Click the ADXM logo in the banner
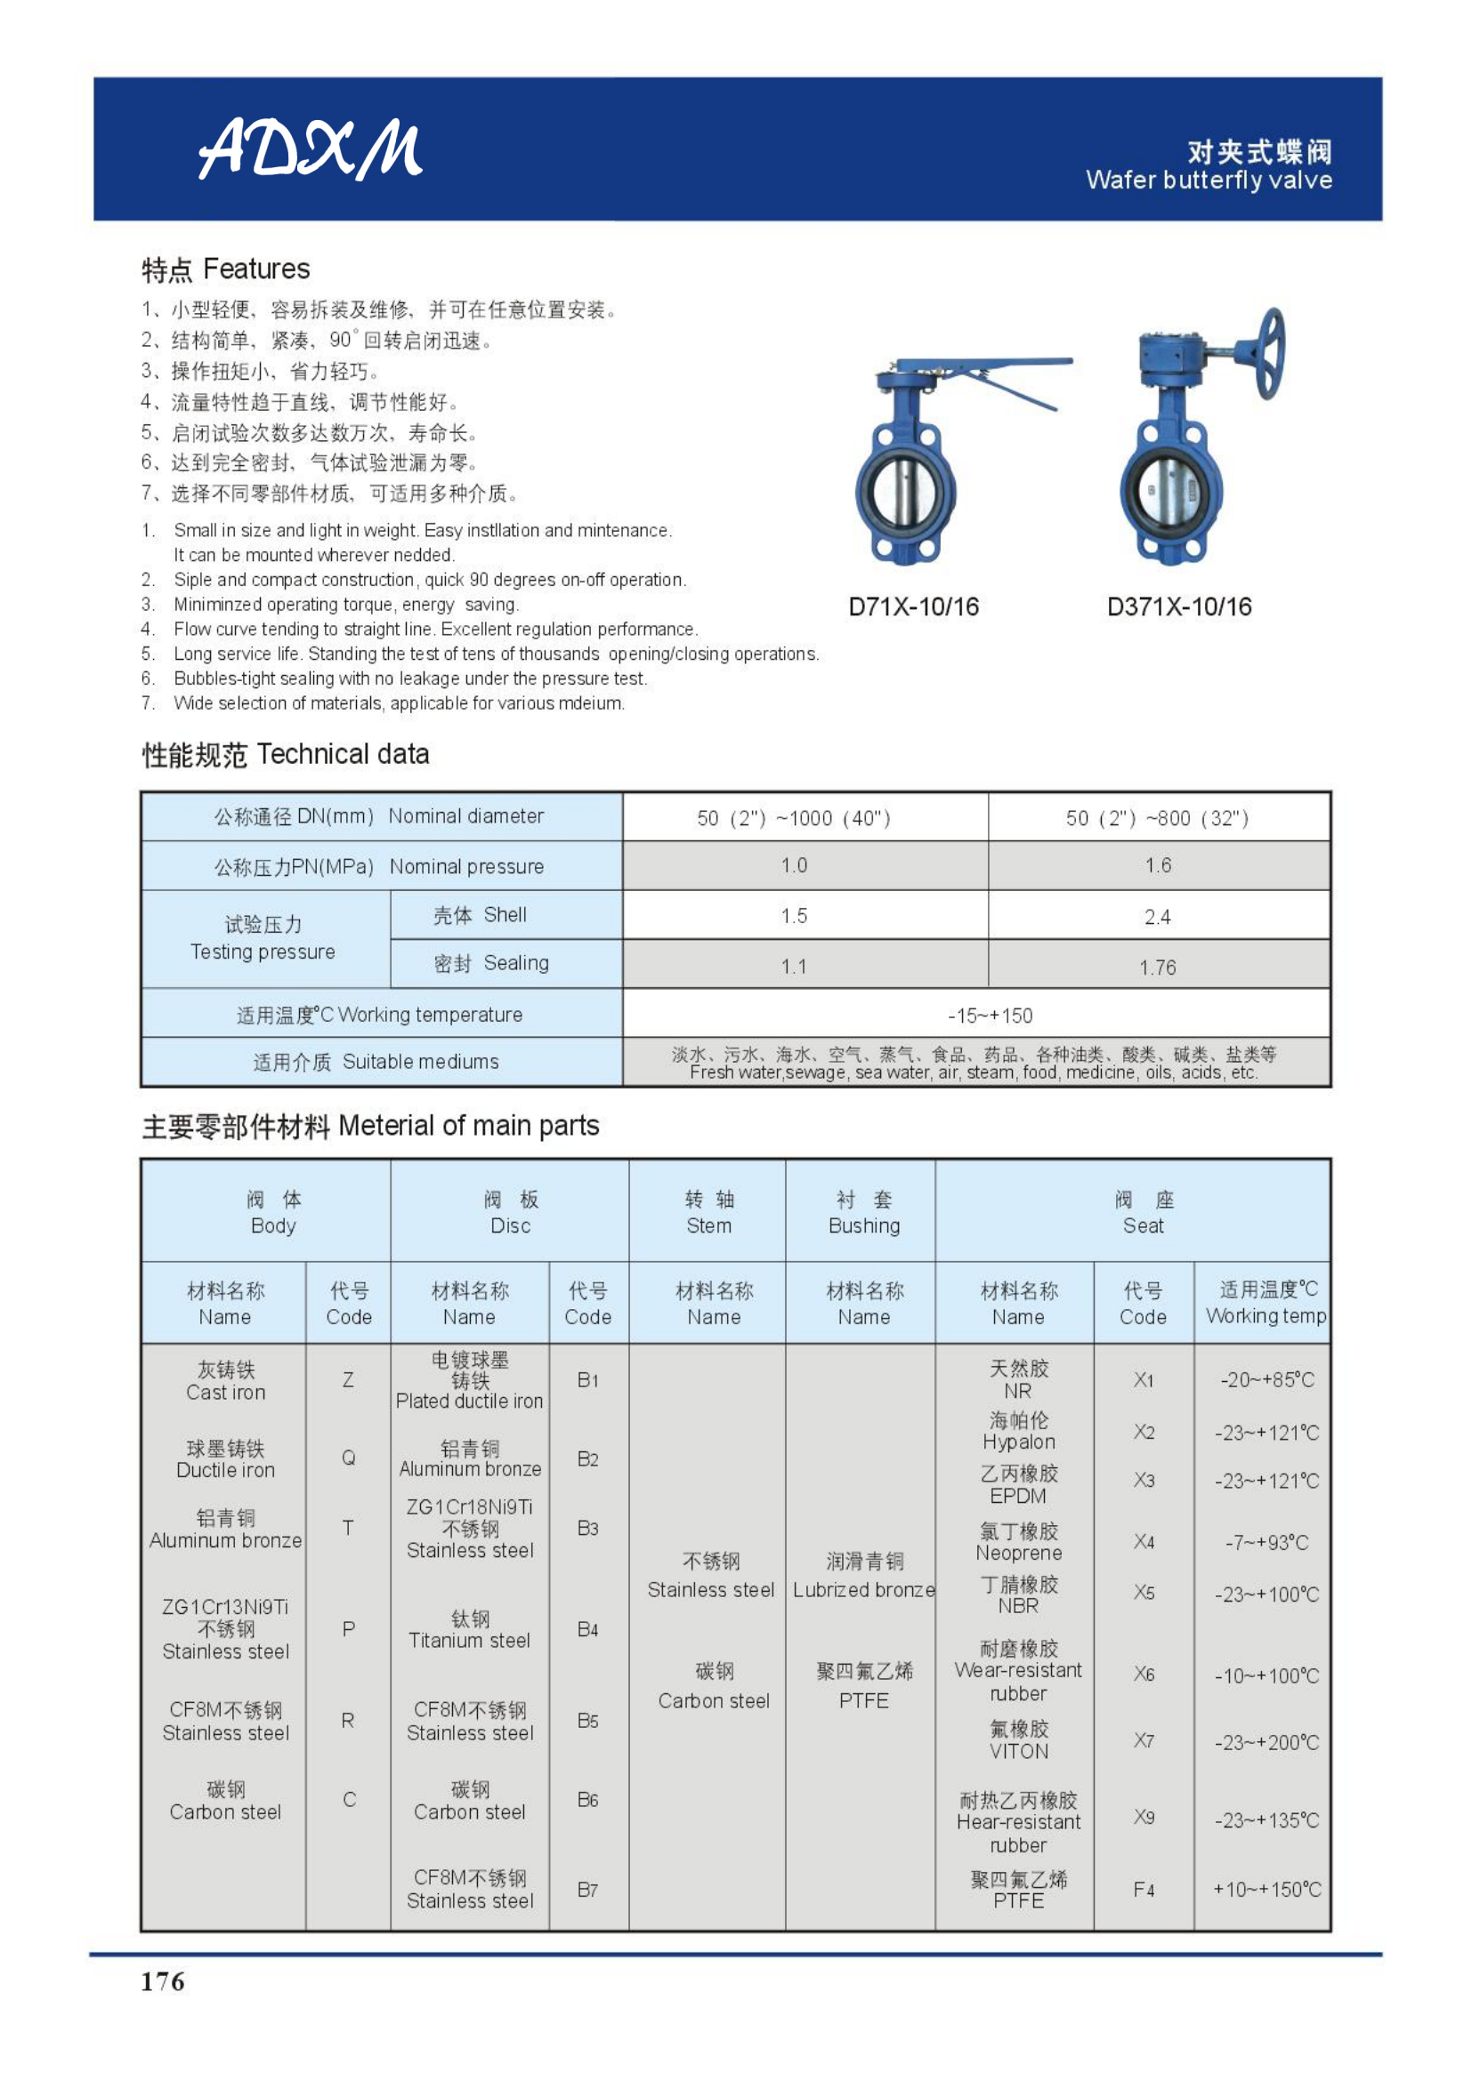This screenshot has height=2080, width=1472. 310,148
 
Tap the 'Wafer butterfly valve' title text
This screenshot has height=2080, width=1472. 1209,181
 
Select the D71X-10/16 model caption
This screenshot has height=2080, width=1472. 914,607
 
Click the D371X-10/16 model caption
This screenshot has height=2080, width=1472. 1179,607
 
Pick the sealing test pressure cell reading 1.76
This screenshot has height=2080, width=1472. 1158,968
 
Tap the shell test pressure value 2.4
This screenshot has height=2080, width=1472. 1158,917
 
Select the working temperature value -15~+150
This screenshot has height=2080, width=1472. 990,1016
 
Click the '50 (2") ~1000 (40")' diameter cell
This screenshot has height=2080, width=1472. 793,818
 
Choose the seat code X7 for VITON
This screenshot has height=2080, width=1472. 1143,1740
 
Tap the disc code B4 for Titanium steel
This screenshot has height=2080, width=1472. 587,1630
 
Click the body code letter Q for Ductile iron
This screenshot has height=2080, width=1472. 348,1458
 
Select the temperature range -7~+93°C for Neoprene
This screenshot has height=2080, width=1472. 1266,1543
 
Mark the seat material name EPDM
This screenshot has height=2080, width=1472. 1018,1496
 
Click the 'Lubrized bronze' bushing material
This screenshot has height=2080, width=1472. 864,1590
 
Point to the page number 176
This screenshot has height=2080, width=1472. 163,1981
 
